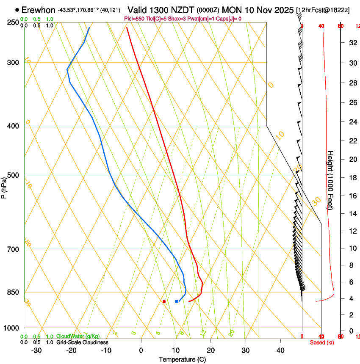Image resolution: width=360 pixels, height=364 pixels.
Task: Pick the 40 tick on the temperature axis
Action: [x=280, y=350]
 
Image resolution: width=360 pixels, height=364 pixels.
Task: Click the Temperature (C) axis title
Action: [x=182, y=359]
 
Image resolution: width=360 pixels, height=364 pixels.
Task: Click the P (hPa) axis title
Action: [x=4, y=187]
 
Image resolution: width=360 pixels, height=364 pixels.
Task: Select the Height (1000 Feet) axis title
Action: [x=330, y=180]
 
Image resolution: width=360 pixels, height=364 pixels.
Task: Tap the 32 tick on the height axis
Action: [x=352, y=43]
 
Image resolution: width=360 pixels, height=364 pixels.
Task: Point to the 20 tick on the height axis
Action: [x=352, y=159]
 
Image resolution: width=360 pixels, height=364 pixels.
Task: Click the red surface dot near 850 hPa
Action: [x=164, y=301]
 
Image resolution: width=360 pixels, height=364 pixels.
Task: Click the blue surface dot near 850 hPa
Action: [x=177, y=301]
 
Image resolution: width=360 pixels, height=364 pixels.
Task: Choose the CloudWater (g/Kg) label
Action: [x=78, y=336]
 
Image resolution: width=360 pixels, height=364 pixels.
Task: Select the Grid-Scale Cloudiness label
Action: [x=82, y=342]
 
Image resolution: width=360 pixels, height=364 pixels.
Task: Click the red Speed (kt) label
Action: [x=322, y=342]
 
